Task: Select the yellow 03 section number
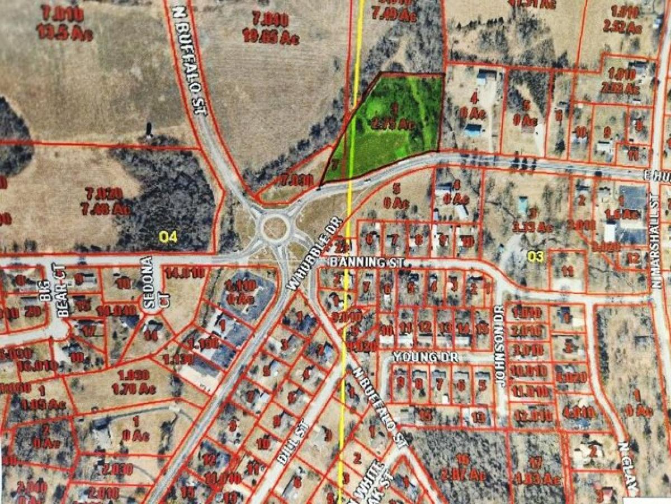tap(536, 256)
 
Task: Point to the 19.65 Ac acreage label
tap(271, 38)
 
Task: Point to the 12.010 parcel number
tap(527, 415)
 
